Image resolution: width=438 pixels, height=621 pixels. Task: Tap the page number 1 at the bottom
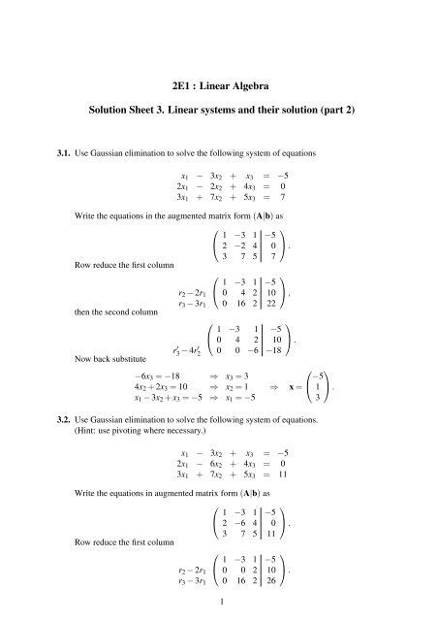(219, 603)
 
